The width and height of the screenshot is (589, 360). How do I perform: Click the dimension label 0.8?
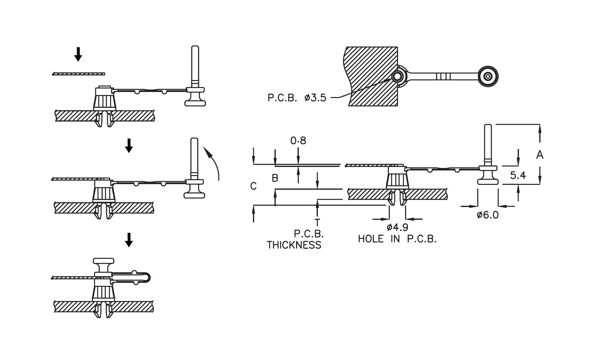click(x=298, y=141)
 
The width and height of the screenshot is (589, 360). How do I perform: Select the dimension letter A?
click(x=540, y=155)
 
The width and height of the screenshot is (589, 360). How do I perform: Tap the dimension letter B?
click(x=275, y=178)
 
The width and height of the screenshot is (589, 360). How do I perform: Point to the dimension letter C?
click(x=254, y=186)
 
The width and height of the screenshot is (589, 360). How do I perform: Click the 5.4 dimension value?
click(x=518, y=175)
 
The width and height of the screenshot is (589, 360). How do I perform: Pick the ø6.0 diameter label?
click(x=488, y=215)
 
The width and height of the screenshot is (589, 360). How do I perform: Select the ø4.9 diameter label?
click(x=397, y=227)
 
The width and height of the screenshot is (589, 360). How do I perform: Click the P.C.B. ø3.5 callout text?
click(x=297, y=98)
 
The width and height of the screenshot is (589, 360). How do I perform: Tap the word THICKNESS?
click(x=294, y=245)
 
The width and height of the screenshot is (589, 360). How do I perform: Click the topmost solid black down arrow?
click(x=78, y=54)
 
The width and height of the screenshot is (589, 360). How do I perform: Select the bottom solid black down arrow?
click(x=129, y=240)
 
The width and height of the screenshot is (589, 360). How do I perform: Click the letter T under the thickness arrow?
click(x=317, y=222)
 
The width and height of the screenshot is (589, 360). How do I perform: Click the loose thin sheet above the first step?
click(x=79, y=73)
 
